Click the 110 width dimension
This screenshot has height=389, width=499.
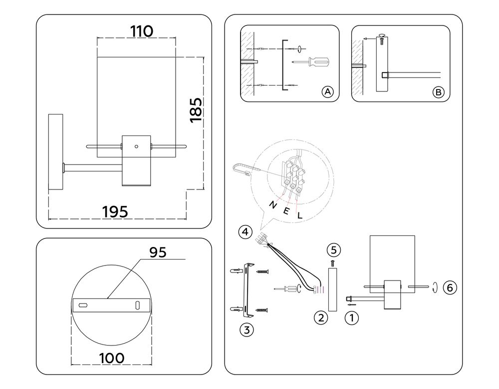(141, 31)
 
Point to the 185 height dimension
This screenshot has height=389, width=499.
(196, 110)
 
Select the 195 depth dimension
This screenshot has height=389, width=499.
(115, 211)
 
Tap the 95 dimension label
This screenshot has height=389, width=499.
(158, 252)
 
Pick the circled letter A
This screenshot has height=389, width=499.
(327, 92)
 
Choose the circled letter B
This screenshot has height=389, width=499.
(438, 92)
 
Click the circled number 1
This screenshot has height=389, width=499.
(352, 316)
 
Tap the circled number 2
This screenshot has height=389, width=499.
(320, 316)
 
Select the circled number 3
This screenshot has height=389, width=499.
(245, 329)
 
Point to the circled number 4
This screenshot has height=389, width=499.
(245, 232)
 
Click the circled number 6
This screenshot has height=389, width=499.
(450, 287)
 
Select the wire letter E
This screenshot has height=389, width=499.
(286, 210)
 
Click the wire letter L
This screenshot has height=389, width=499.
(300, 216)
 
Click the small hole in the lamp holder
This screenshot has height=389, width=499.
(136, 147)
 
